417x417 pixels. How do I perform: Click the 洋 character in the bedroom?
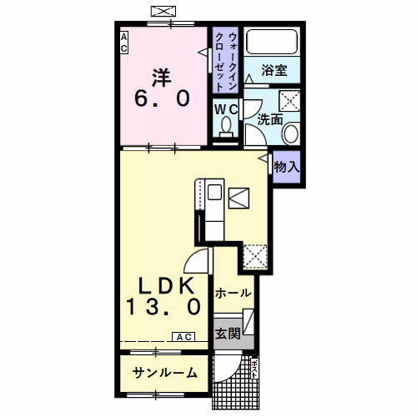coord(162,77)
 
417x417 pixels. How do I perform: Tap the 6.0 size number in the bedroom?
coord(162,98)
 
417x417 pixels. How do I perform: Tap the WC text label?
coord(226,109)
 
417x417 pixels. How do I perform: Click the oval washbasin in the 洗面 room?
coord(292,133)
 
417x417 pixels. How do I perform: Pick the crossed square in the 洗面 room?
coord(289,102)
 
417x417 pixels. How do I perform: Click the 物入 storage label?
coord(286,167)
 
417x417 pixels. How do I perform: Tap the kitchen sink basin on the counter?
coord(214,193)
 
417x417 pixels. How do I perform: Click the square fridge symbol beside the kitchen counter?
coord(239,198)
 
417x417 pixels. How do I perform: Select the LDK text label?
coord(162,284)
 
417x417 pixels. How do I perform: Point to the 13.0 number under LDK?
coord(163,307)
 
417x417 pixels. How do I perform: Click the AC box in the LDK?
coord(183,337)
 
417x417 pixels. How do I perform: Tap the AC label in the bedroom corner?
coord(123,43)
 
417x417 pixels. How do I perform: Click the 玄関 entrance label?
coord(228,334)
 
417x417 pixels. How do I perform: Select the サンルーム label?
coord(163,373)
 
